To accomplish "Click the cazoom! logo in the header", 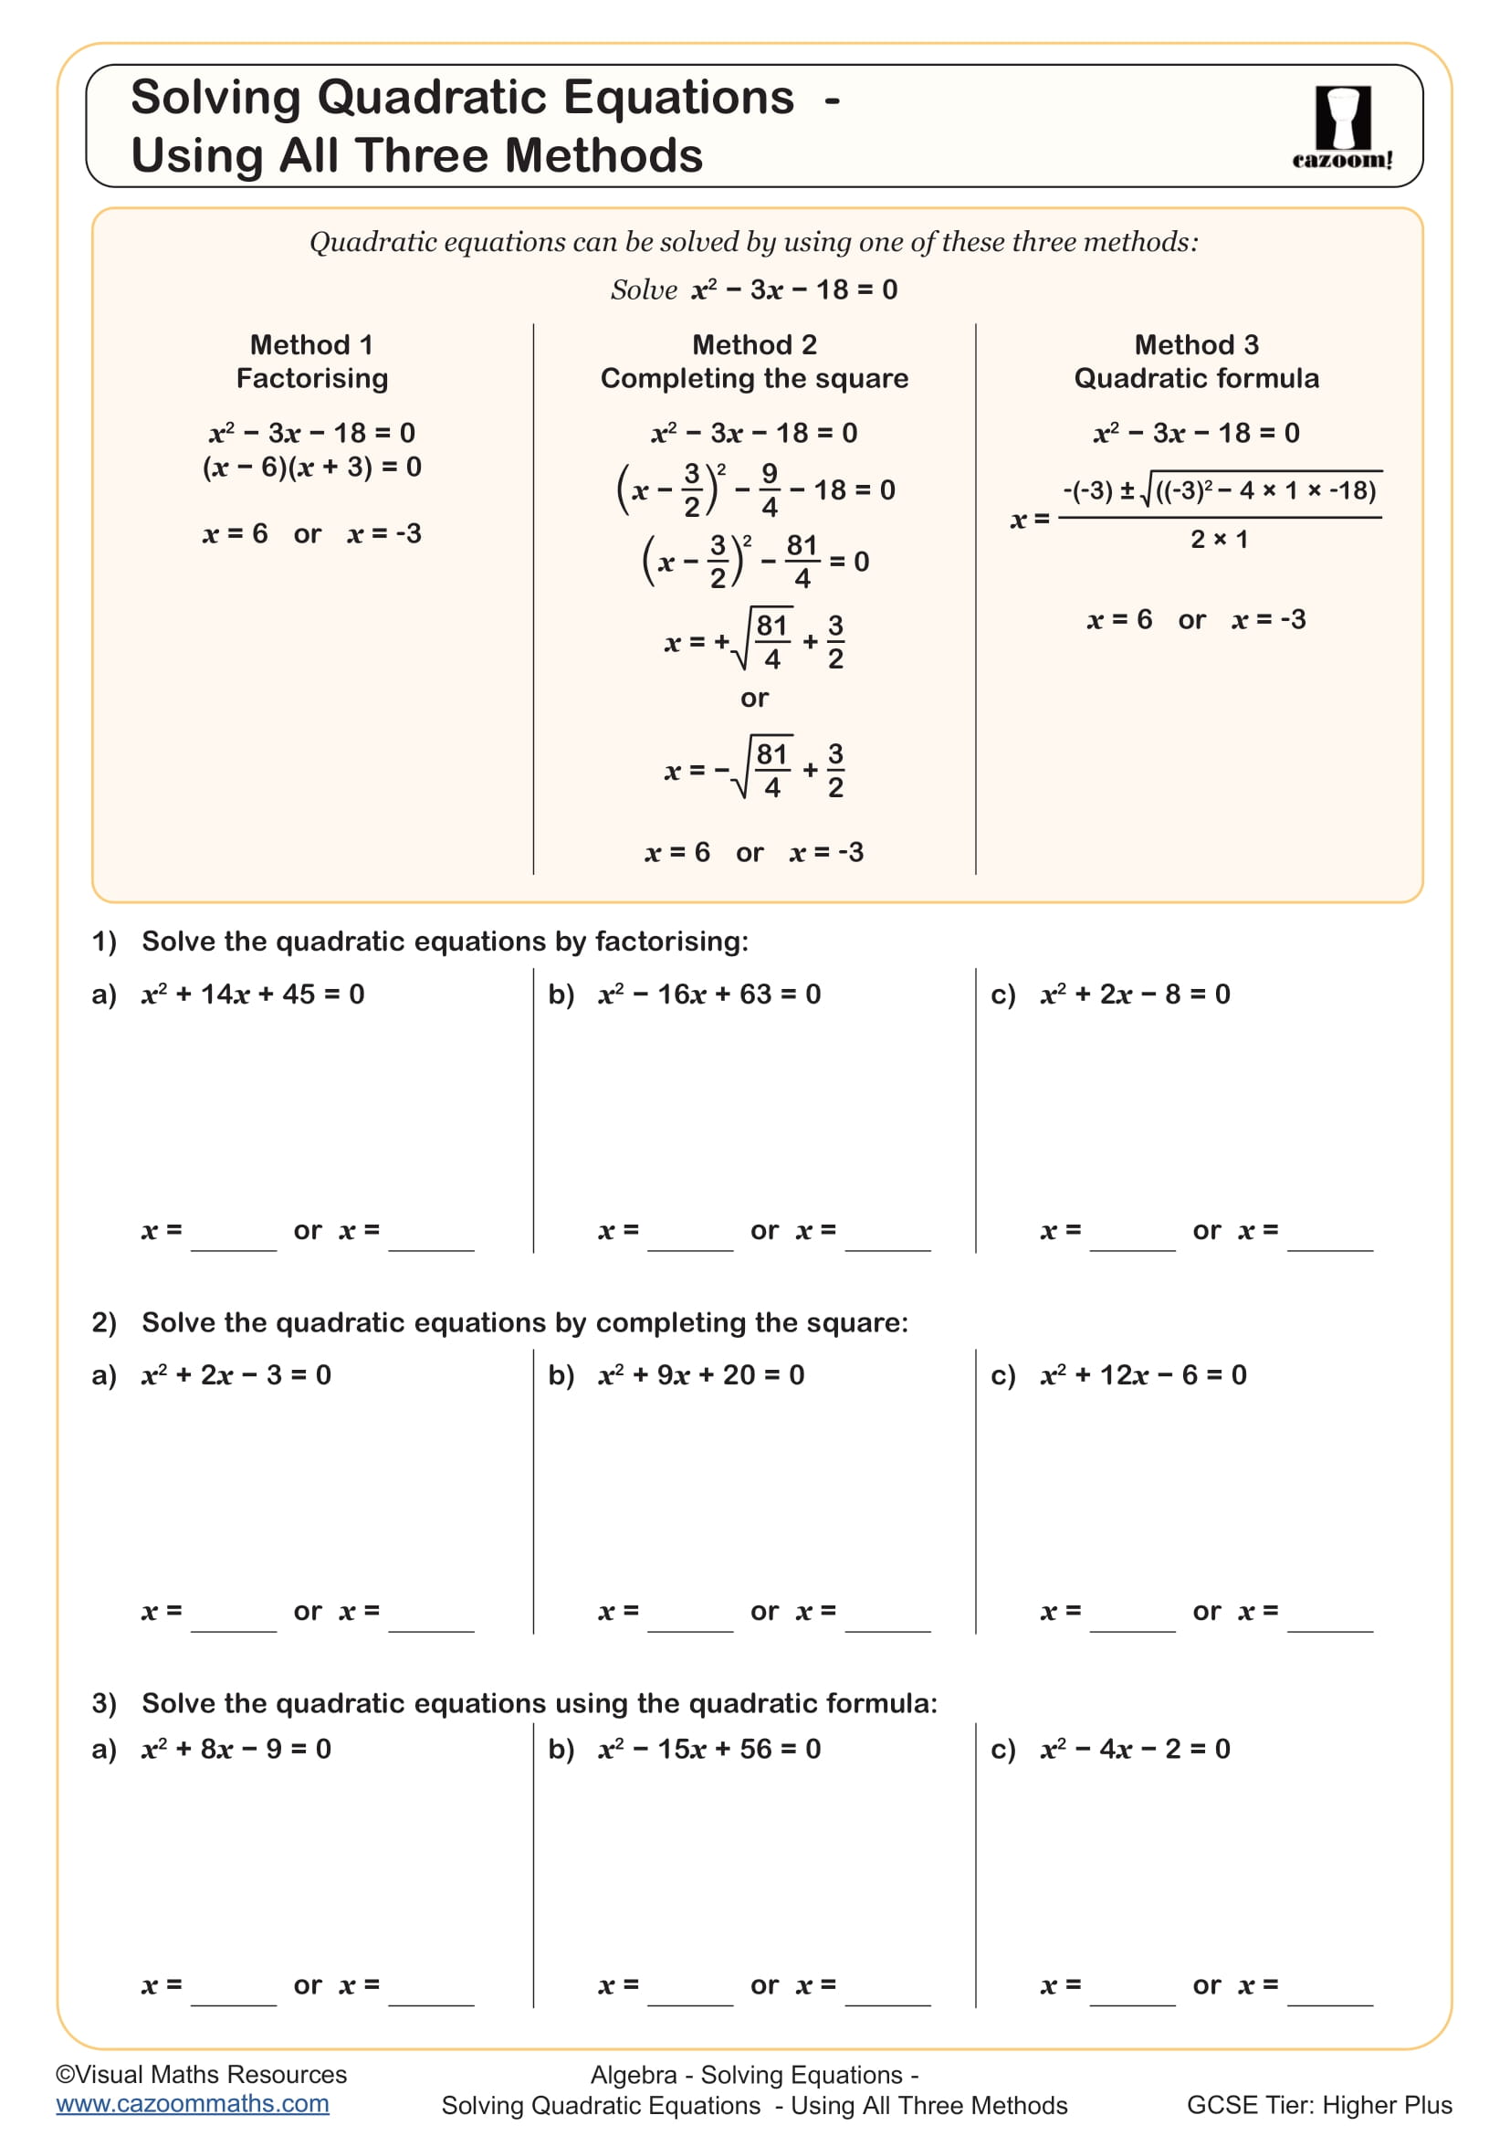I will (x=1342, y=127).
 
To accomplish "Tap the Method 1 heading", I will (x=311, y=345).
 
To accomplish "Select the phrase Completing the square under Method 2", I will (x=754, y=379).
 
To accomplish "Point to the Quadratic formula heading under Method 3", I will (x=1196, y=379).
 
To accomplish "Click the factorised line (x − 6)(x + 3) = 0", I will (x=311, y=467).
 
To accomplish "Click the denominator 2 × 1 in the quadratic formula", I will (x=1219, y=540).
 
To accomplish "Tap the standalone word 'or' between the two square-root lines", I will (x=754, y=698).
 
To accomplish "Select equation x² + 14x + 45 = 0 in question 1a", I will (x=253, y=994).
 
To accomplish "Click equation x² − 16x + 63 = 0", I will (x=709, y=994).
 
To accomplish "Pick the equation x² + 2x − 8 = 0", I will (x=1136, y=994).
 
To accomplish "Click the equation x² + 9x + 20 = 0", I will (x=701, y=1375).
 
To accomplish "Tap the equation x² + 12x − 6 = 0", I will (x=1144, y=1375).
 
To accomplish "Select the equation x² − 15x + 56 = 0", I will (x=709, y=1749).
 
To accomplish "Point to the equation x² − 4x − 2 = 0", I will (x=1136, y=1749).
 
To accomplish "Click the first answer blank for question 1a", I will (x=234, y=1240).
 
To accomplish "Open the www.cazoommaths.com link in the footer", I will (x=193, y=2103).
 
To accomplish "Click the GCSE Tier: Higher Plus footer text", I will (x=1318, y=2105).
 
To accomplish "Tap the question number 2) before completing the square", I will (x=104, y=1323).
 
